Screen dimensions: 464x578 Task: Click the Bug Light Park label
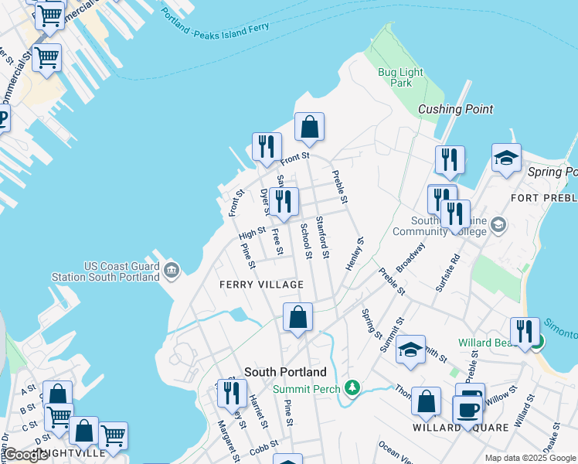click(x=395, y=77)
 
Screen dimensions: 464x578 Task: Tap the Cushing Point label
click(x=455, y=109)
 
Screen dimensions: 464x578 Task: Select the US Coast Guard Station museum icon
click(x=172, y=271)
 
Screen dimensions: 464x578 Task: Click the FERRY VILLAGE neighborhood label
click(x=261, y=285)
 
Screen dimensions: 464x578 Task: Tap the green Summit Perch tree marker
click(x=352, y=386)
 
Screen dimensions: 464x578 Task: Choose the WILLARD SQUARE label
click(x=460, y=428)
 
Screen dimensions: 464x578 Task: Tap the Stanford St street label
click(x=323, y=238)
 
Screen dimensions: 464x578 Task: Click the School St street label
click(x=305, y=241)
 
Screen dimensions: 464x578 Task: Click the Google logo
click(x=25, y=455)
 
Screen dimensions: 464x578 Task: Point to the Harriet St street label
click(x=258, y=411)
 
